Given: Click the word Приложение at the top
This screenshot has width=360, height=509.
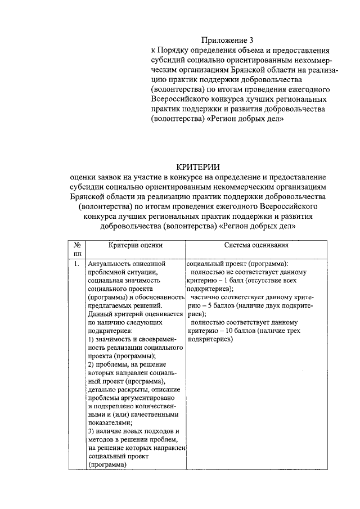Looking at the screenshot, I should (223, 40).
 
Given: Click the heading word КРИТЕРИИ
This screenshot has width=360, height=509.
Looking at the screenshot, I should (197, 167).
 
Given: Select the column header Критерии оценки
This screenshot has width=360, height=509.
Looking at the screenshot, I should (136, 245).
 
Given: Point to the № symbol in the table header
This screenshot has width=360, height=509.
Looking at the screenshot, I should (77, 245).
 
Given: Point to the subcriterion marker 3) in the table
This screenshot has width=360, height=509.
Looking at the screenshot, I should (92, 430).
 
